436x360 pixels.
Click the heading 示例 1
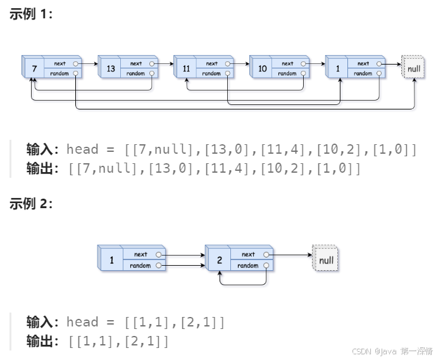(30, 14)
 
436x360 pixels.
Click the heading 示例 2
(30, 203)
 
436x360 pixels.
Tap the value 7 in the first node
(33, 68)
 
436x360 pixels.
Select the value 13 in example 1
(111, 68)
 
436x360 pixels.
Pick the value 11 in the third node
(186, 68)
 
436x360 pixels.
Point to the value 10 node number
(262, 68)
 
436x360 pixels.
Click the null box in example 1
(414, 68)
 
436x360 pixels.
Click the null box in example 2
(326, 260)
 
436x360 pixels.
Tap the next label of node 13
(136, 63)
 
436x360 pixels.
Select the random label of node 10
(287, 73)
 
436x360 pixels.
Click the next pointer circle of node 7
(76, 63)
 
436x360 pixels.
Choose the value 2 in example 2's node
(219, 260)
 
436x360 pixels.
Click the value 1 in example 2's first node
(112, 260)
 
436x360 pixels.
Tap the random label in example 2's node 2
(248, 266)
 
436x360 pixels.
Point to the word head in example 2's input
(82, 323)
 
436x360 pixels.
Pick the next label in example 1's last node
(363, 63)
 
